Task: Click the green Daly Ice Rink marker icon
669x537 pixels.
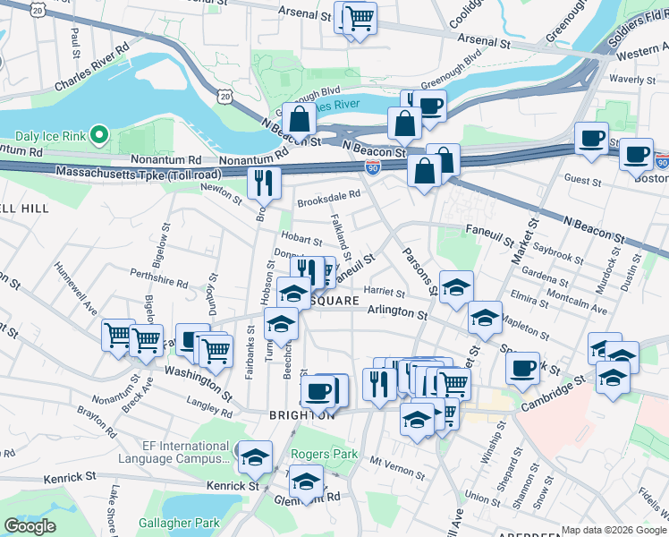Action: tap(99, 136)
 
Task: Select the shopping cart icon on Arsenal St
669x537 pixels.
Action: tap(359, 17)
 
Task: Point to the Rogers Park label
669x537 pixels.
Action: tap(327, 455)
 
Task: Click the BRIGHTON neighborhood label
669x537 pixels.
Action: tap(302, 415)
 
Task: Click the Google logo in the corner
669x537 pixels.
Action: tap(30, 526)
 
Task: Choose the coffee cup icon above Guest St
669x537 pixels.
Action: tap(590, 139)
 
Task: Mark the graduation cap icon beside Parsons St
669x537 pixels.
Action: tap(456, 286)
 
